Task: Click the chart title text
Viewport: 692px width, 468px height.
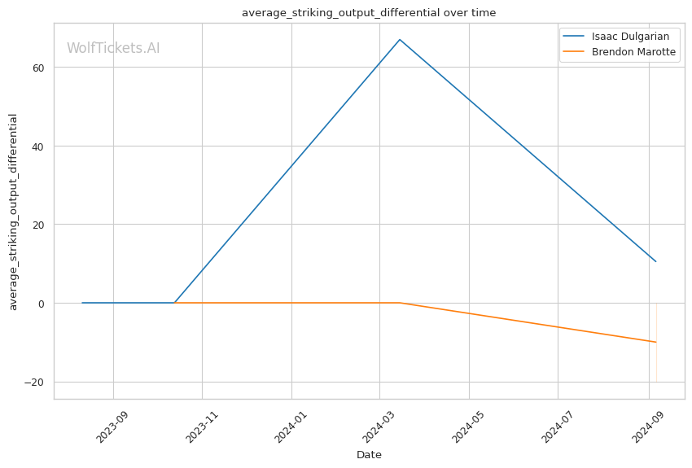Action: pos(369,13)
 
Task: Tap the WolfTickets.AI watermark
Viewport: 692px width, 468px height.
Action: pos(113,48)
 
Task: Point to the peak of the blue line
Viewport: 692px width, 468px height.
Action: pos(400,40)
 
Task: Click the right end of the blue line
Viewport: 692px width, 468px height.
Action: pos(656,261)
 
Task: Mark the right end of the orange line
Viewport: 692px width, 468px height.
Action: pos(656,342)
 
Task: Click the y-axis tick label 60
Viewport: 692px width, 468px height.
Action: pos(38,68)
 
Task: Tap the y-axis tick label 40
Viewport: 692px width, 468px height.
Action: pos(38,147)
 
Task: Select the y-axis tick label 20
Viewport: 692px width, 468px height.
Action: pos(38,225)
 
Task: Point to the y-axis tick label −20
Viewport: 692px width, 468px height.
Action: pos(34,383)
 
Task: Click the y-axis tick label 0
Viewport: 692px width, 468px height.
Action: pos(42,304)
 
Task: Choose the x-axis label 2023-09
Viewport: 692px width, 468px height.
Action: pos(112,427)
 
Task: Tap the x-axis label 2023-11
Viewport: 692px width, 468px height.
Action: pos(201,427)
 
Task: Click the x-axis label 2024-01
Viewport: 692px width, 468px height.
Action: pos(290,427)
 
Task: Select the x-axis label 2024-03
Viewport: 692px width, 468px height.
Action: pos(378,427)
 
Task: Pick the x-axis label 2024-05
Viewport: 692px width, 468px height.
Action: pos(467,427)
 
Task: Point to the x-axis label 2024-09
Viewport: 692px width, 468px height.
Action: pos(647,427)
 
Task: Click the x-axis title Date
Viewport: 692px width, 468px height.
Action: pos(369,455)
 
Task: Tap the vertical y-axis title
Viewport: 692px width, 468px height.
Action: pos(13,212)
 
